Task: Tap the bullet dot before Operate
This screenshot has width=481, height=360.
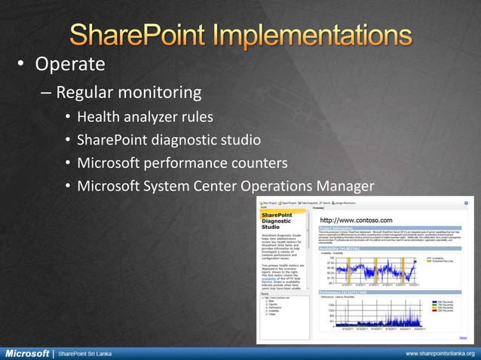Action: (22, 63)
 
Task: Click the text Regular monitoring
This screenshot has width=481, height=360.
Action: (129, 93)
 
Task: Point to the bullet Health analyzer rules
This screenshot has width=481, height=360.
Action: (145, 117)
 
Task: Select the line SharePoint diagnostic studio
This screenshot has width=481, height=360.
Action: (169, 139)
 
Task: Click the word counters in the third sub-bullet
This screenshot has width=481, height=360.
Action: (261, 163)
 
